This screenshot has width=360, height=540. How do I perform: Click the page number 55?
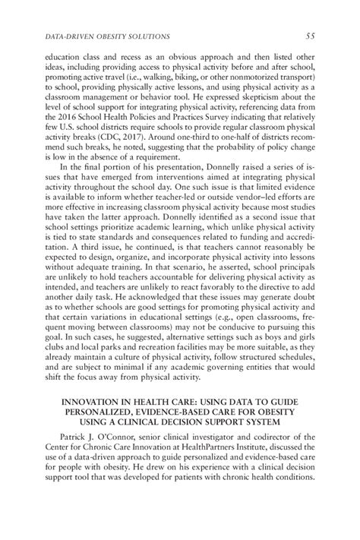(x=311, y=36)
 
